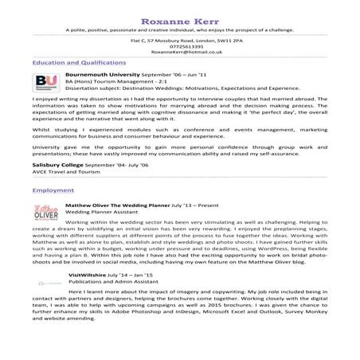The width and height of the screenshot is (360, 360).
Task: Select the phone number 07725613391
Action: coord(179,45)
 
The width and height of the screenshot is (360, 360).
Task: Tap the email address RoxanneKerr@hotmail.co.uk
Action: coord(179,51)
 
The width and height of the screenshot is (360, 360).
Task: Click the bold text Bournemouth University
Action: coord(96,72)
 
